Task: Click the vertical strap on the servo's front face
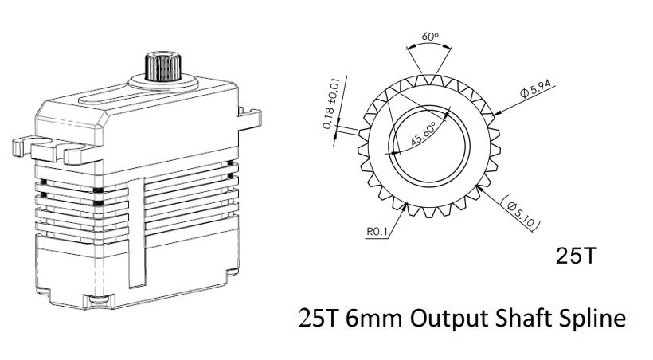pyautogui.click(x=138, y=231)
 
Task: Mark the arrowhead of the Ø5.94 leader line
pyautogui.click(x=495, y=114)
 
